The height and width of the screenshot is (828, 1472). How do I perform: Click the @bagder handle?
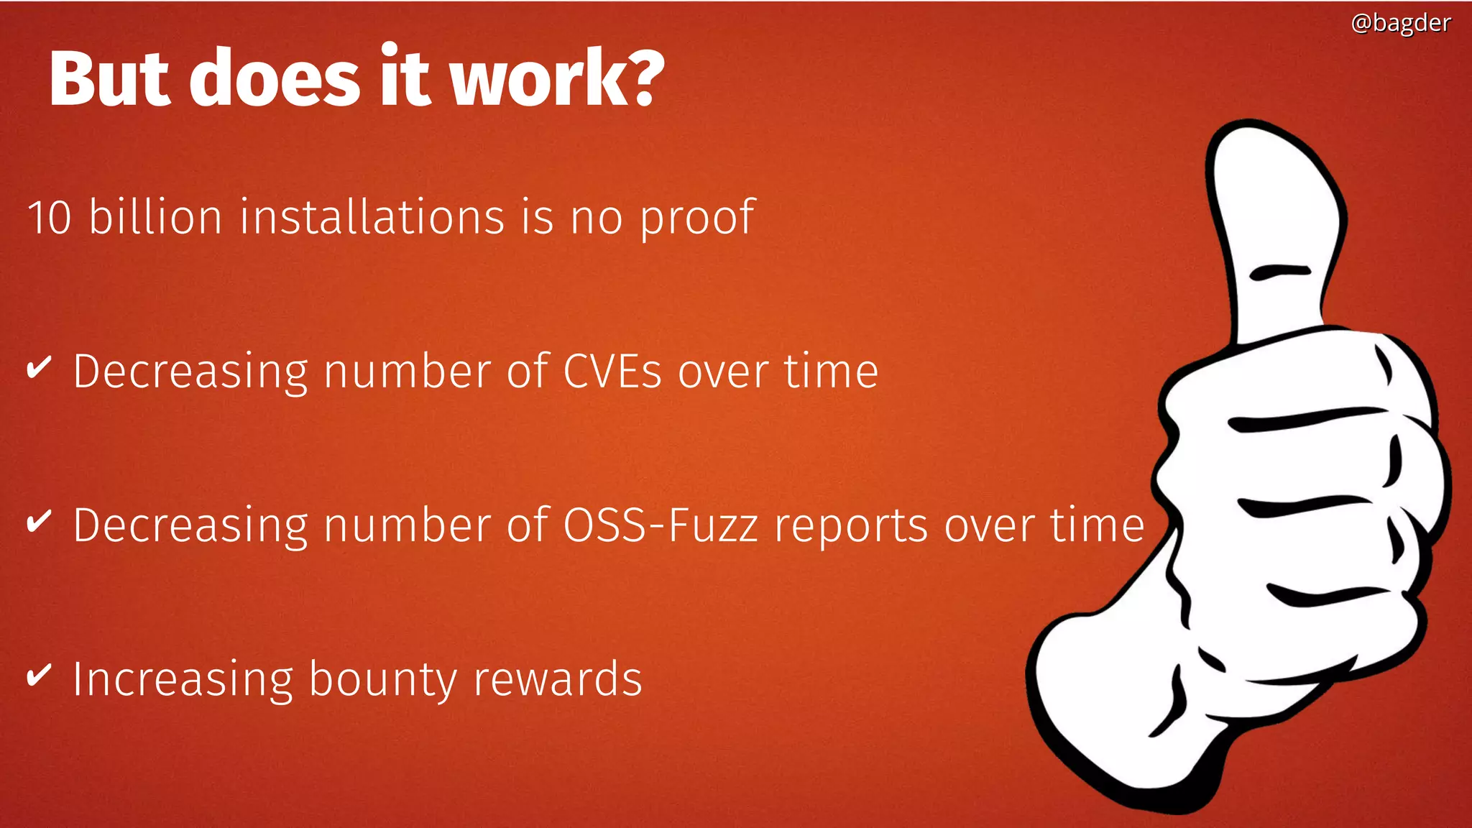(x=1400, y=23)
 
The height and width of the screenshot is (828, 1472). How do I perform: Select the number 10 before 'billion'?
(x=49, y=217)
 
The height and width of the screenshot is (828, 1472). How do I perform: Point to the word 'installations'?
(x=372, y=217)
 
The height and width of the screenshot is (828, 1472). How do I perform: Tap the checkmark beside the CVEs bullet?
(x=39, y=368)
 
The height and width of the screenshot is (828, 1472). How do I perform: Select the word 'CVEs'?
(x=612, y=372)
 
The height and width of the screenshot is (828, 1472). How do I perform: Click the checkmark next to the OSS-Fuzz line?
(x=39, y=522)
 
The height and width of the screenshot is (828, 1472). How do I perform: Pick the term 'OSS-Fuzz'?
(x=660, y=525)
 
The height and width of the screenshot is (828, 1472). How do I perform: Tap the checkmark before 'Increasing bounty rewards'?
(x=39, y=676)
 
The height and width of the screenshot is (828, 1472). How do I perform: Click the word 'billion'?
(x=155, y=217)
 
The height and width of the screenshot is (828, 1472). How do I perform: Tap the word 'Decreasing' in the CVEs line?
(x=190, y=372)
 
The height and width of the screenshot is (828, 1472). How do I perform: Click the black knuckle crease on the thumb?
(x=1280, y=272)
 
